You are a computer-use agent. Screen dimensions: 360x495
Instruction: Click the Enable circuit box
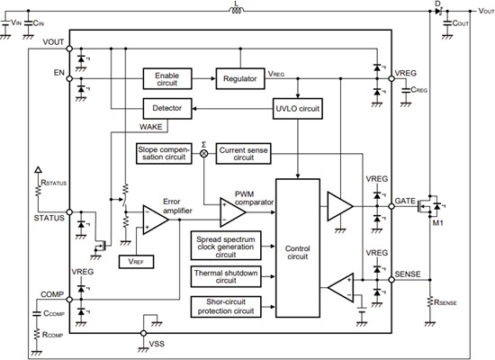click(168, 78)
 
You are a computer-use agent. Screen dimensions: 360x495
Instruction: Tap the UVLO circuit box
click(297, 108)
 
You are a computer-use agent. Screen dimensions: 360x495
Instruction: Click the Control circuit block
click(298, 249)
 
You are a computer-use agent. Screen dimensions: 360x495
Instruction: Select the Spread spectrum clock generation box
click(225, 245)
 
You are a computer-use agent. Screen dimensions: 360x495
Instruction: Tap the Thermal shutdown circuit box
click(225, 275)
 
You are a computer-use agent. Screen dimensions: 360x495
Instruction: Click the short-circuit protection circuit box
click(225, 306)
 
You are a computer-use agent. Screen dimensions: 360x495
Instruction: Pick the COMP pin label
click(52, 294)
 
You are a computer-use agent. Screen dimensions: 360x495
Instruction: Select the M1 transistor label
click(438, 223)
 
